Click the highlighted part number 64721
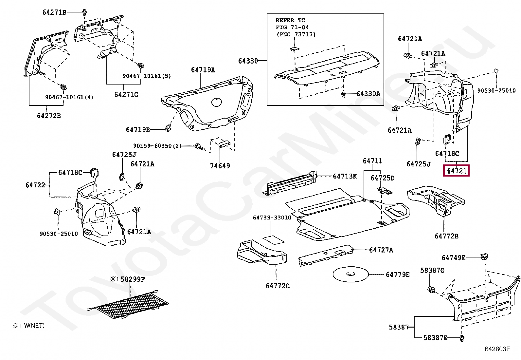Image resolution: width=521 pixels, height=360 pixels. (x=456, y=171)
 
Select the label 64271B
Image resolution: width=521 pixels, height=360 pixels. (x=54, y=12)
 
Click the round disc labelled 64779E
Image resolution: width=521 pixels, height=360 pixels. (x=350, y=274)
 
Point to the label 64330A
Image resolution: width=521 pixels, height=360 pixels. (x=368, y=94)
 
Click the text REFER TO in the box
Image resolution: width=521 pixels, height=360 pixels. (x=290, y=20)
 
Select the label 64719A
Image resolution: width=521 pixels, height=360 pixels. (x=203, y=70)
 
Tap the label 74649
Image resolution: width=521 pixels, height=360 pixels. (x=220, y=166)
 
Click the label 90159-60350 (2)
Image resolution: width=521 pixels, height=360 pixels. (x=157, y=146)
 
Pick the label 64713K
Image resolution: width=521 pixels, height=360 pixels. (x=345, y=176)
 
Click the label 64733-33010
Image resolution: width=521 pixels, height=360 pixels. (x=272, y=218)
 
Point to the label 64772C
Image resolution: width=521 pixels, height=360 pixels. (x=278, y=286)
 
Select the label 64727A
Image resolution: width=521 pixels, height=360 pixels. (x=381, y=250)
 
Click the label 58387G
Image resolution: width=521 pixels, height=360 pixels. (x=432, y=270)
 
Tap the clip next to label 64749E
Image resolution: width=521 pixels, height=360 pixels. (x=484, y=256)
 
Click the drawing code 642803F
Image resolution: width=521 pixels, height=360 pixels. (x=497, y=349)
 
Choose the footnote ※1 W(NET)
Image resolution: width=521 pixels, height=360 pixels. (x=29, y=326)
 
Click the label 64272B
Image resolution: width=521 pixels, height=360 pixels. (x=49, y=116)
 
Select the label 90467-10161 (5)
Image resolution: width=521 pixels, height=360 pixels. (x=147, y=76)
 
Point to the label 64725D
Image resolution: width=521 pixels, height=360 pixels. (x=382, y=178)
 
